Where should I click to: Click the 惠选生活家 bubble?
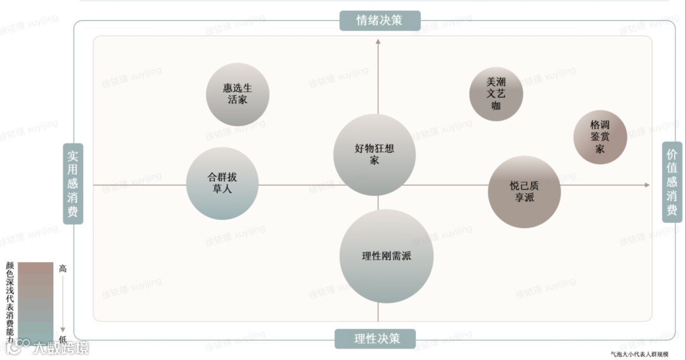238,95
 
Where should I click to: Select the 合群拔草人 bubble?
222,183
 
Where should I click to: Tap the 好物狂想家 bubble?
374,154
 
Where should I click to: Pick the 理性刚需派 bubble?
386,257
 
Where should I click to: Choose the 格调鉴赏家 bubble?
600,137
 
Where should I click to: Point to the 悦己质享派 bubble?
524,192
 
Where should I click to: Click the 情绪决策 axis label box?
379,20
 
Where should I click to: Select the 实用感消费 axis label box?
73,183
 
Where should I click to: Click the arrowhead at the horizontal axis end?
647,185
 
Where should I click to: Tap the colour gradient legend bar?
36,301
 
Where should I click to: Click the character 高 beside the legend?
62,269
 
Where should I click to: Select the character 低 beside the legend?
62,338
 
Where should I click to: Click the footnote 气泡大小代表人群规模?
638,354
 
